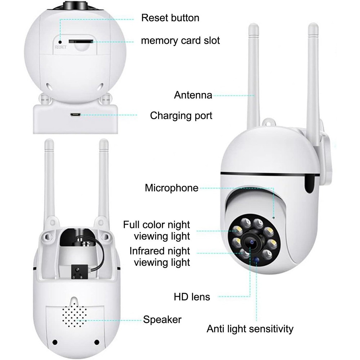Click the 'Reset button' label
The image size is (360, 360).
170,18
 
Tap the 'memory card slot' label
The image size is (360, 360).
180,40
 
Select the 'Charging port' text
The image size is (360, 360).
181,116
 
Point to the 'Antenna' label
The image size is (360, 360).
193,95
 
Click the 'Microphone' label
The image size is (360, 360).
171,188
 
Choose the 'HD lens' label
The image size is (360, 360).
192,297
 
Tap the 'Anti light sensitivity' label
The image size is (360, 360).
250,328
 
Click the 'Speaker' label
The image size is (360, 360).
162,319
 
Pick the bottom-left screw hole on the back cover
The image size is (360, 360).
55,342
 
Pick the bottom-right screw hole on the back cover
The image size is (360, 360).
96,342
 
